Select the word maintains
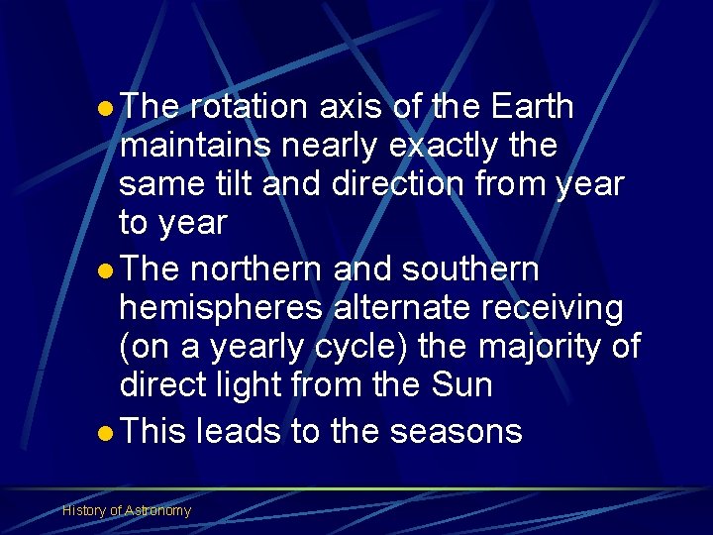(x=195, y=146)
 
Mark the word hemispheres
(x=221, y=308)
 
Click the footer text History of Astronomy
(x=127, y=510)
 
